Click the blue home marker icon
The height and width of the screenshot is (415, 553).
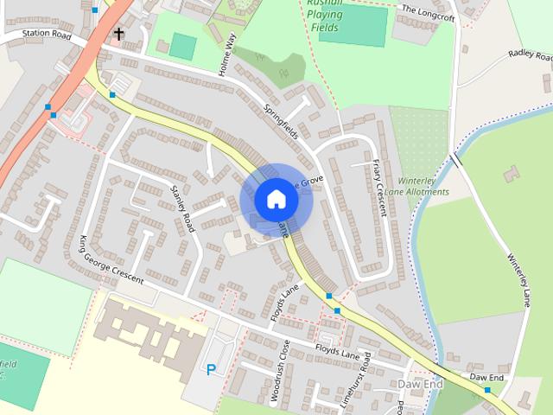click(276, 200)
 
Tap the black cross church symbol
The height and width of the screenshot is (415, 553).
click(118, 35)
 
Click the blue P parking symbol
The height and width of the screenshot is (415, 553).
click(211, 369)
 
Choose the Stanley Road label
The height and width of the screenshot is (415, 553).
click(183, 207)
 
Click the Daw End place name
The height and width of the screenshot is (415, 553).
click(421, 383)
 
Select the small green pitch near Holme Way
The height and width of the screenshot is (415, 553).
click(182, 46)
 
